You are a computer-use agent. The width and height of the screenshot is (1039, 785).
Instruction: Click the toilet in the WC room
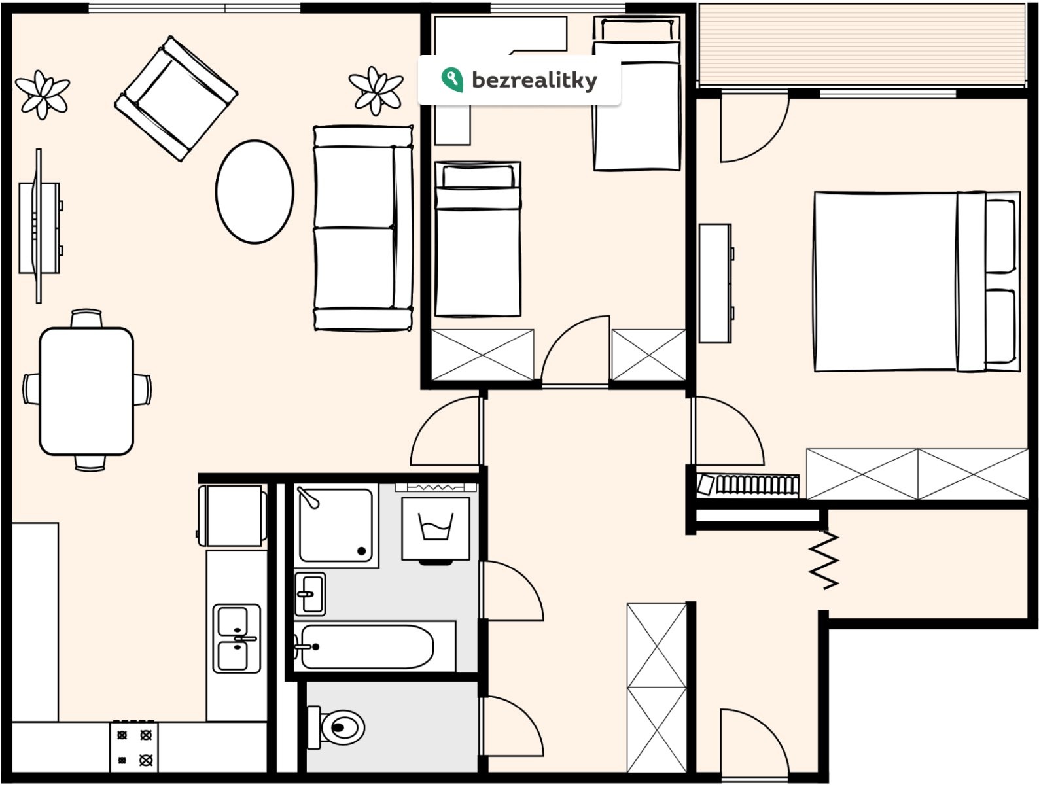pyautogui.click(x=336, y=727)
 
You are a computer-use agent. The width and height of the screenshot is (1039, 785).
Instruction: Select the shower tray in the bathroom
pyautogui.click(x=336, y=525)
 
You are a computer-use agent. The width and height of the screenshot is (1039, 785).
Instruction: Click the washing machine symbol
pyautogui.click(x=436, y=529)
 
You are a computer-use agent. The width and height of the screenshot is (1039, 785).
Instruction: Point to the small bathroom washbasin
pyautogui.click(x=310, y=594)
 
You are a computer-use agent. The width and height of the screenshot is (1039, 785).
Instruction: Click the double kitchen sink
pyautogui.click(x=237, y=638)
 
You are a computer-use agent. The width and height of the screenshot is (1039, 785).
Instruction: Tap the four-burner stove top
pyautogui.click(x=134, y=748)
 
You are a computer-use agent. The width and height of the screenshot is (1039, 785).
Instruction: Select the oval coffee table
pyautogui.click(x=255, y=192)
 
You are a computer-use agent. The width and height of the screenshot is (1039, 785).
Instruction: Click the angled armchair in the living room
pyautogui.click(x=176, y=98)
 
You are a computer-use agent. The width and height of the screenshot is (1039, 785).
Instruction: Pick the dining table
pyautogui.click(x=86, y=391)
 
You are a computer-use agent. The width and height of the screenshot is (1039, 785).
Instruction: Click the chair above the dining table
pyautogui.click(x=86, y=319)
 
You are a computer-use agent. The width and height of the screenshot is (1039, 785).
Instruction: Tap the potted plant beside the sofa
pyautogui.click(x=376, y=91)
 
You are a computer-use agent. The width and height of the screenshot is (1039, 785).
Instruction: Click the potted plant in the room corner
pyautogui.click(x=43, y=95)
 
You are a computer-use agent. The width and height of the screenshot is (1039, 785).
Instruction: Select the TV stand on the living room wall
pyautogui.click(x=40, y=227)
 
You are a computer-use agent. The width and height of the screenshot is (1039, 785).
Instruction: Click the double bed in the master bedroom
pyautogui.click(x=917, y=281)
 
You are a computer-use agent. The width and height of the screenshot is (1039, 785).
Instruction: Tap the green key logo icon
pyautogui.click(x=451, y=80)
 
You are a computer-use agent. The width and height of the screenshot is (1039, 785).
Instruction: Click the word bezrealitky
pyautogui.click(x=535, y=80)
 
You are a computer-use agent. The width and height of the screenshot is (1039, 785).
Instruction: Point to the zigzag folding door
pyautogui.click(x=824, y=560)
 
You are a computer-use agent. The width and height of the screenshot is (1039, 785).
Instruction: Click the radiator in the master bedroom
pyautogui.click(x=748, y=485)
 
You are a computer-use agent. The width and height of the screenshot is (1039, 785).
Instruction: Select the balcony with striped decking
pyautogui.click(x=862, y=45)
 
